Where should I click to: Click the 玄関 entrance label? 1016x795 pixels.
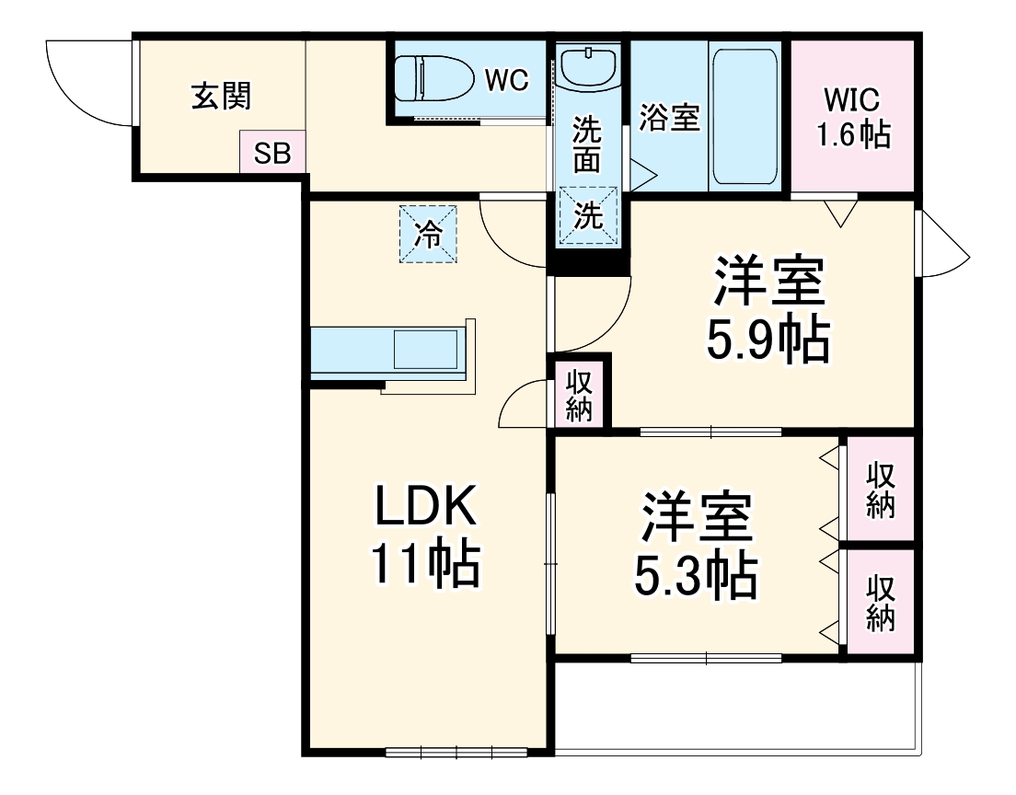point(221,95)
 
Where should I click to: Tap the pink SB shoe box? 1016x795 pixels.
point(272,153)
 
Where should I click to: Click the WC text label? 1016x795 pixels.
point(507,81)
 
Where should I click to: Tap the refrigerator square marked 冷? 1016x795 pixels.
point(427,234)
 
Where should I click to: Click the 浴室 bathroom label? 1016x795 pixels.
point(669,118)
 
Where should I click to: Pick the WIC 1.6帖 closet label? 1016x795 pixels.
point(853,118)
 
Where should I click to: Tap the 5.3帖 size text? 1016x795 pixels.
point(696,577)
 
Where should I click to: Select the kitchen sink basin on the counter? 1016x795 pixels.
point(425,349)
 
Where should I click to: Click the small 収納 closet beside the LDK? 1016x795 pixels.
point(579,395)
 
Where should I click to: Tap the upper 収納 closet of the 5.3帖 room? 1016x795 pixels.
point(880,490)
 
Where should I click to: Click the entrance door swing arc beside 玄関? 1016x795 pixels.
point(87,83)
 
